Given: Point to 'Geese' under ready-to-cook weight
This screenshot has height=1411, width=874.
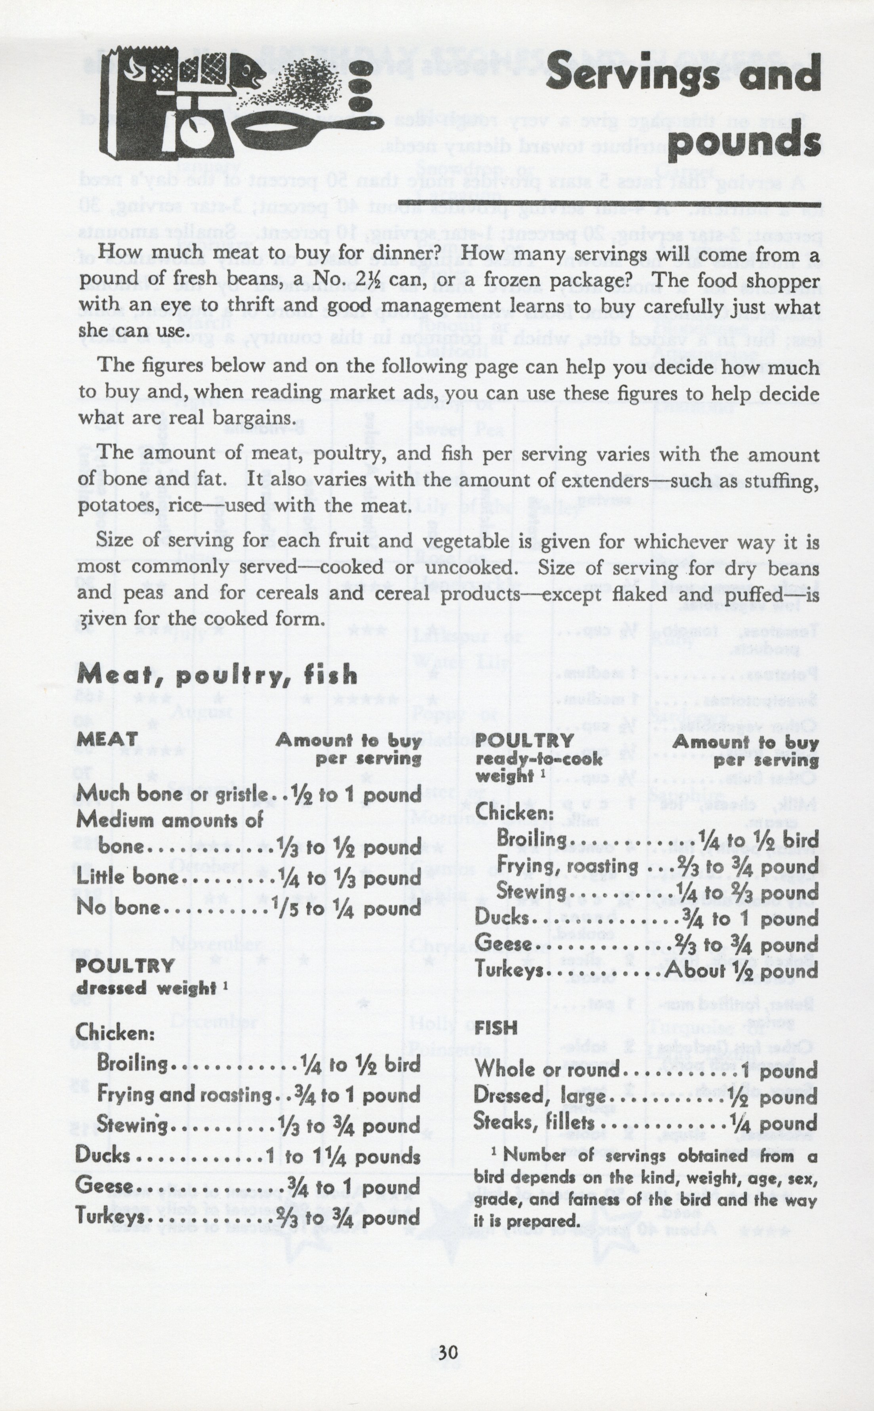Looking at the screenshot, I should coord(503,944).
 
